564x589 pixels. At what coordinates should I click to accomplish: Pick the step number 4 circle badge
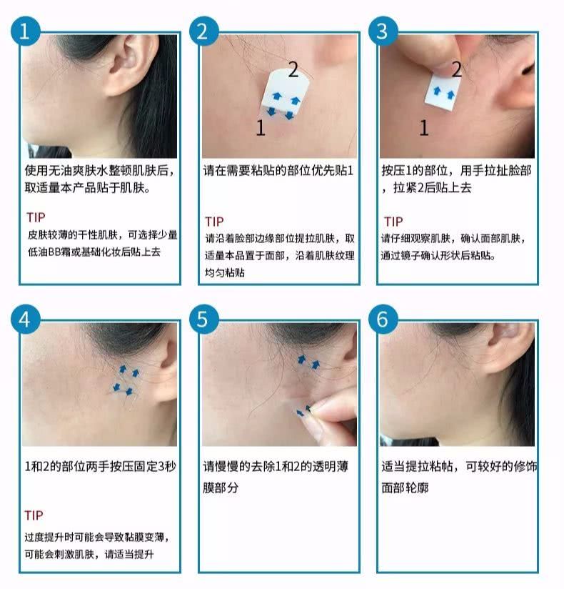tap(24, 320)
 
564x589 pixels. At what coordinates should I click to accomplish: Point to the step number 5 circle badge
tap(203, 320)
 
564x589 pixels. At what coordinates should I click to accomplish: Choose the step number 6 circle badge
tap(383, 320)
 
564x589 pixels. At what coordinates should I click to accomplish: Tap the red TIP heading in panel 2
tap(214, 221)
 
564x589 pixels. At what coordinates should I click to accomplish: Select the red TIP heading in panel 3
tap(393, 221)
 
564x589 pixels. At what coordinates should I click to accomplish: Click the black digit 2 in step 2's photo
tap(293, 69)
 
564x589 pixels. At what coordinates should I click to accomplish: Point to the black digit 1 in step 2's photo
tap(261, 127)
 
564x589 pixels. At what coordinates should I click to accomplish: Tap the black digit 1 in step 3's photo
tap(423, 128)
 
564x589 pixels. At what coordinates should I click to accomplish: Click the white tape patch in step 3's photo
tap(443, 88)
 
